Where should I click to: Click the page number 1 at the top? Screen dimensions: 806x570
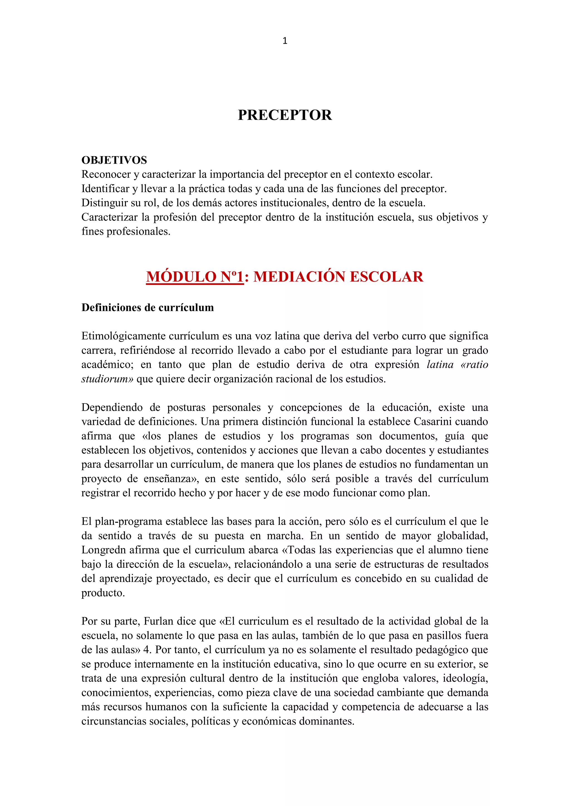(x=285, y=41)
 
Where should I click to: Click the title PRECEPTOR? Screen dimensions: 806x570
(x=285, y=115)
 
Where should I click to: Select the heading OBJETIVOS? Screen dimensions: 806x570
(x=114, y=160)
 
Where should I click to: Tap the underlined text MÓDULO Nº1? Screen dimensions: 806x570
(x=195, y=277)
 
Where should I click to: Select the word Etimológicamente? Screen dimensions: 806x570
(x=123, y=336)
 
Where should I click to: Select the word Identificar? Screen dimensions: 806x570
(x=105, y=189)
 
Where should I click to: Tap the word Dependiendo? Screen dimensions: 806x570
(x=112, y=408)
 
